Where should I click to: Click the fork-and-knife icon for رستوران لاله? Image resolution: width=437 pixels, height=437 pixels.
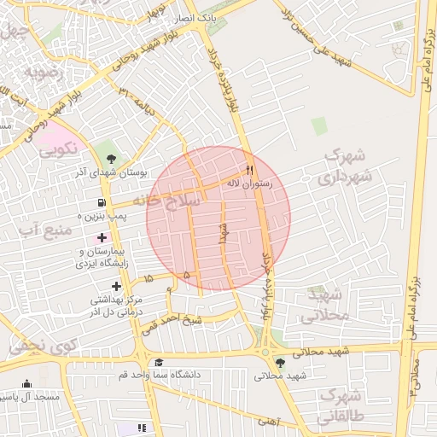[249, 168]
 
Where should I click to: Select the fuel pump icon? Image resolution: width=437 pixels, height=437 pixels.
[102, 203]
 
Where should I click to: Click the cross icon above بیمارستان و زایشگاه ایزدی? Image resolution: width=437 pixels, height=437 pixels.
[102, 236]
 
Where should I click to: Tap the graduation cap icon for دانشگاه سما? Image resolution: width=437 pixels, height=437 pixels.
[160, 363]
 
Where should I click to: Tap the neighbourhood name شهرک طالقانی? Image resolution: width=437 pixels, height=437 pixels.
[340, 407]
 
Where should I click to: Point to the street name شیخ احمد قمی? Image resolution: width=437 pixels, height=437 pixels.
[172, 323]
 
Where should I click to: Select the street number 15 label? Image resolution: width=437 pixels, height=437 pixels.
[149, 279]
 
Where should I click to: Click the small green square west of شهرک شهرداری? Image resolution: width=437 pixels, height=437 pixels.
[319, 126]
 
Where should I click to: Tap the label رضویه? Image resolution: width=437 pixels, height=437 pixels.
[44, 73]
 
